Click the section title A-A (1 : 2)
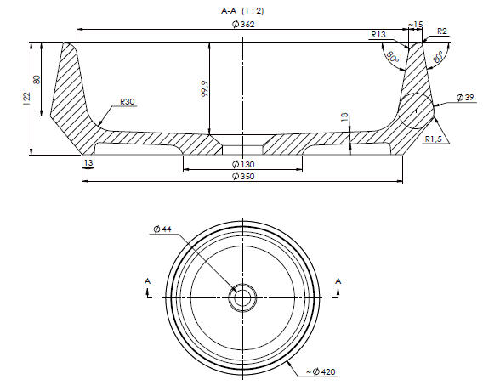tap(242, 11)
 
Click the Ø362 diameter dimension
tap(243, 25)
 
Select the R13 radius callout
tap(378, 34)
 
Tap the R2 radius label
tap(441, 31)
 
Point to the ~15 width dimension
tap(416, 25)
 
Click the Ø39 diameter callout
tap(465, 98)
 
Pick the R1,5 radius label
tap(433, 139)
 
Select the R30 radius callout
tap(128, 102)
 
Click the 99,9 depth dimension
tap(205, 89)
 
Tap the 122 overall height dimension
tap(27, 99)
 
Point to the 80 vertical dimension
tap(37, 79)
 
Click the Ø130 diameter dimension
tap(243, 164)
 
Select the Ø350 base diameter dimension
tap(243, 177)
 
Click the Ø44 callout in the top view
tap(162, 229)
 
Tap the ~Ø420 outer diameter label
tap(321, 371)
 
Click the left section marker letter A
tap(148, 281)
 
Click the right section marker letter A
tap(338, 281)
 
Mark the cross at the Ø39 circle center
tap(416, 110)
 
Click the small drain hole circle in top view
tap(242, 297)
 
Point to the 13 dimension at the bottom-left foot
tap(88, 163)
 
